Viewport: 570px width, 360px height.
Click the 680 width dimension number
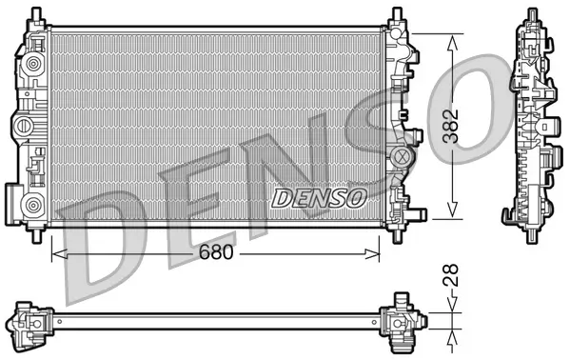(x=215, y=254)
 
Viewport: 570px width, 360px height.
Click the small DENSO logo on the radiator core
(x=320, y=198)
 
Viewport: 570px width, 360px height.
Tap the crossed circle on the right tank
(x=401, y=155)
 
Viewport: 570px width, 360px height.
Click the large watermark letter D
(x=105, y=238)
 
